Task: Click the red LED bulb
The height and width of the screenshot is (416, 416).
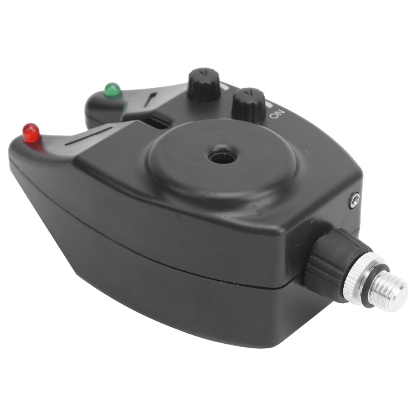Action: click(32, 133)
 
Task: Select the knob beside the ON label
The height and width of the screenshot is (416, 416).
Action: click(249, 105)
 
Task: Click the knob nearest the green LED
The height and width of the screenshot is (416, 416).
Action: click(204, 84)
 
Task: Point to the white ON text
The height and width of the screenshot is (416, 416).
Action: click(277, 114)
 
